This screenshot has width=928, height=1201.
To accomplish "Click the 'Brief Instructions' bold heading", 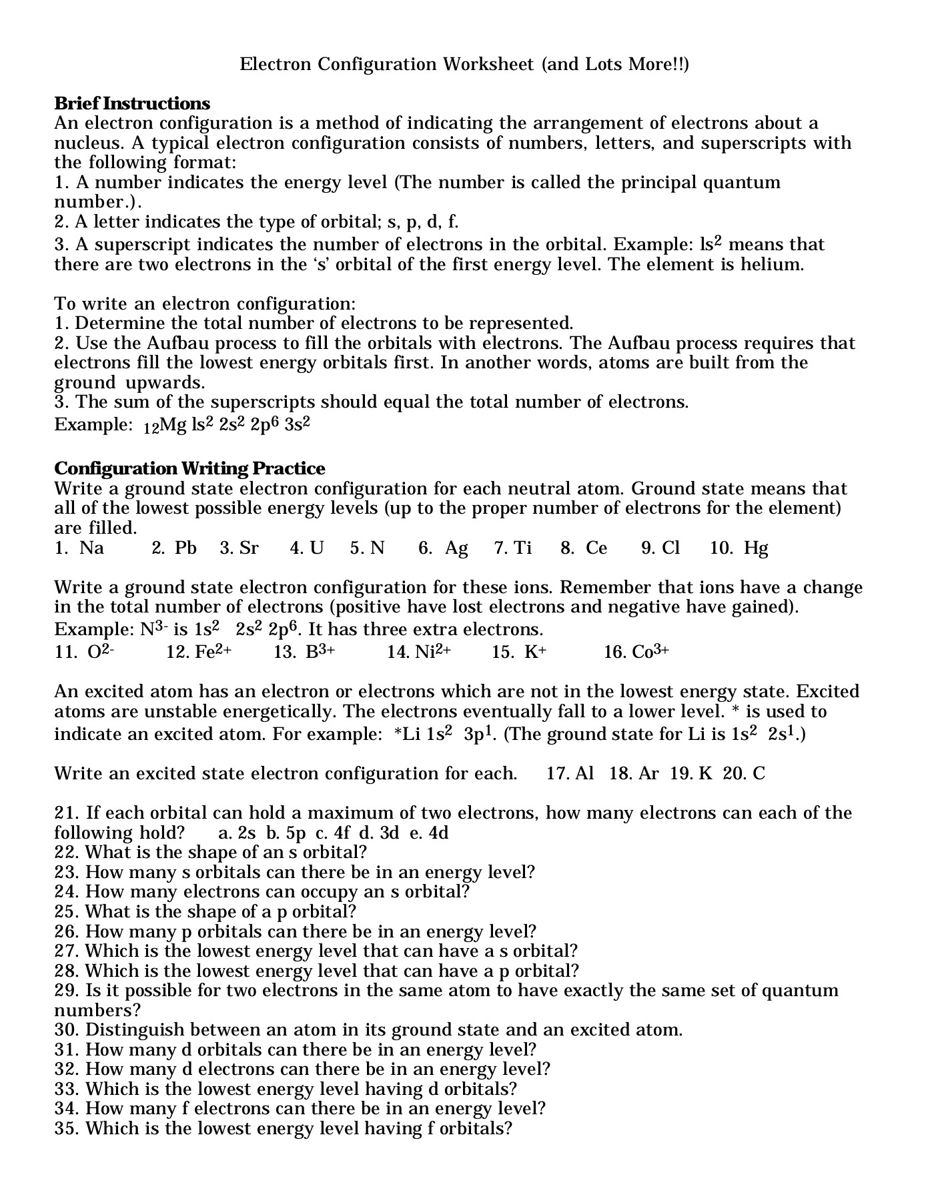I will pyautogui.click(x=132, y=103).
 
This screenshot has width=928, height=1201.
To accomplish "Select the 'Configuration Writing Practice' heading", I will pyautogui.click(x=189, y=468).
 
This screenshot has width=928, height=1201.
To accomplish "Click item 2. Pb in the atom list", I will pyautogui.click(x=174, y=548).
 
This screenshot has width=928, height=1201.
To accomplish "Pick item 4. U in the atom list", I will pyautogui.click(x=307, y=548).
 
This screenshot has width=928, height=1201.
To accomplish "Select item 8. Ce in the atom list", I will pyautogui.click(x=584, y=548).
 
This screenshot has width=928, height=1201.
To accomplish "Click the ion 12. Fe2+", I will pyautogui.click(x=199, y=652).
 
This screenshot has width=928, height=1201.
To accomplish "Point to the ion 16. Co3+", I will pyautogui.click(x=636, y=652).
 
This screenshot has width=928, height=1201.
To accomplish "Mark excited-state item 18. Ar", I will pyautogui.click(x=634, y=774).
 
